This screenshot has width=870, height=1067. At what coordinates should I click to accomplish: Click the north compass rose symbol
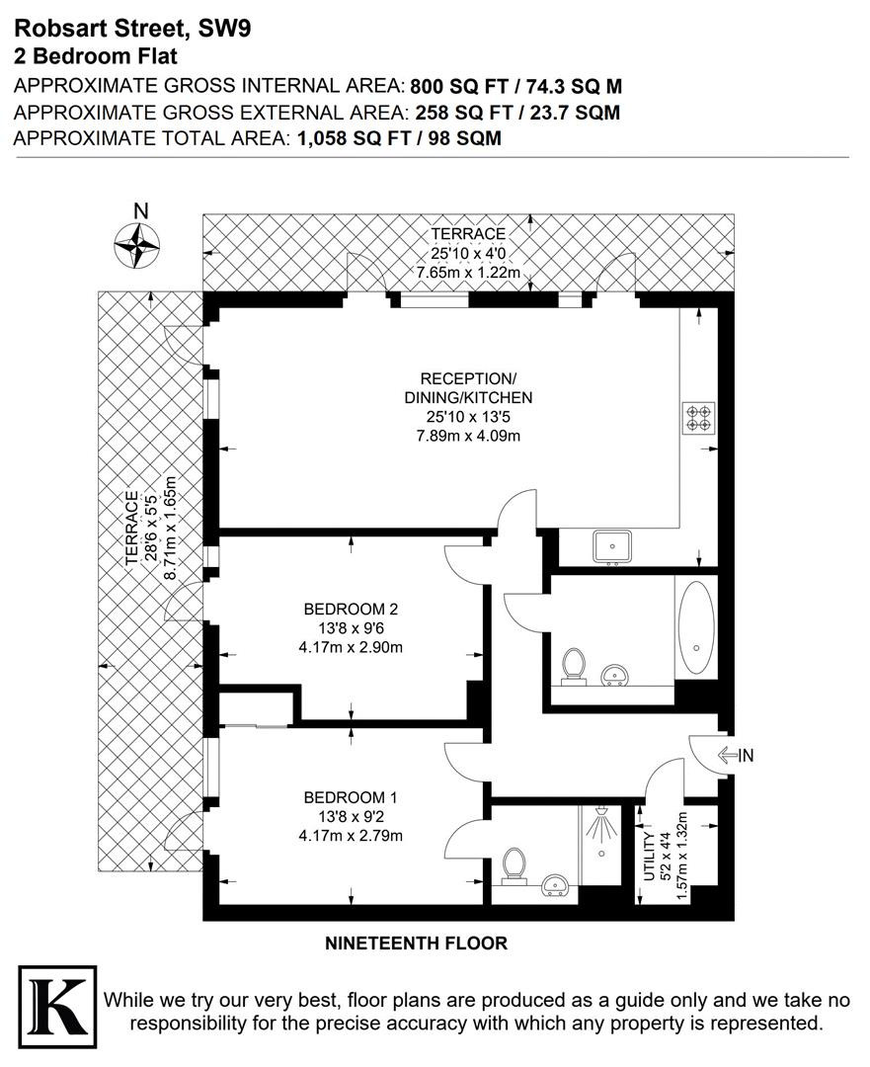(x=136, y=246)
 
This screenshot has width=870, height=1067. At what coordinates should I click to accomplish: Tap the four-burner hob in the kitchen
(x=699, y=417)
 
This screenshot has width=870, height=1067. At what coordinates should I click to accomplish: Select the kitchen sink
(x=612, y=547)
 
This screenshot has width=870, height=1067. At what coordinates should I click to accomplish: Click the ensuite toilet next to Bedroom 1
(x=514, y=866)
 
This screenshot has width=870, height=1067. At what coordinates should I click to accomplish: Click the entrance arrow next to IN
(x=729, y=756)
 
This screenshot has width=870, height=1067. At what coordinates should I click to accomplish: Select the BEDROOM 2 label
(x=351, y=609)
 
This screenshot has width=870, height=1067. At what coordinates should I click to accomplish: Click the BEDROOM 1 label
(x=351, y=797)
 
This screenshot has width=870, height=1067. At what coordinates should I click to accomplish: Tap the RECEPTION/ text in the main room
(x=468, y=378)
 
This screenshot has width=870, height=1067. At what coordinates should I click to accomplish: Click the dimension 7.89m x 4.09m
(x=468, y=436)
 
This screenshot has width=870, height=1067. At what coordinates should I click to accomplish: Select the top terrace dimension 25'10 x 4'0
(x=468, y=253)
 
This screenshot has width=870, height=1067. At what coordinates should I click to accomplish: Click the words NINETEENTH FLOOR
(x=417, y=944)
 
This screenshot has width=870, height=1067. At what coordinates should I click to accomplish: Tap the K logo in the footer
(x=57, y=1008)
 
